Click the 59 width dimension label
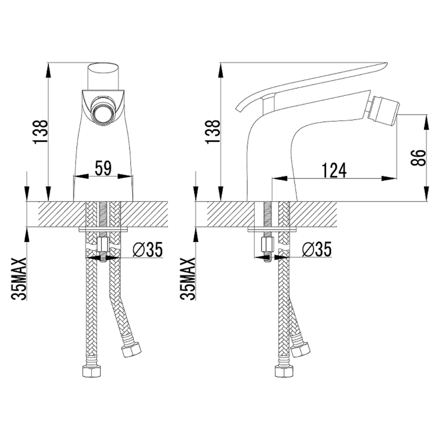tap(103, 168)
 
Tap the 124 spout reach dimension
tap(334, 170)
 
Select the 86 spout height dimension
tap(419, 157)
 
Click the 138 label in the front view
tap(40, 132)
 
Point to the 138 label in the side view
tap(213, 132)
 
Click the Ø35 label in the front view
tap(148, 249)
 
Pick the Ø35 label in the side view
tap(317, 249)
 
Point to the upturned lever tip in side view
tap(239, 106)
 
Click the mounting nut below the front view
tap(103, 244)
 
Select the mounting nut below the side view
tap(267, 244)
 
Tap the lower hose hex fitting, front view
tap(92, 371)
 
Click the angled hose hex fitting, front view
tap(131, 349)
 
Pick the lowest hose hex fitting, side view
tap(284, 371)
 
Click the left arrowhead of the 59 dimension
tap(81, 176)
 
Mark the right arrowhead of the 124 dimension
tap(389, 178)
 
